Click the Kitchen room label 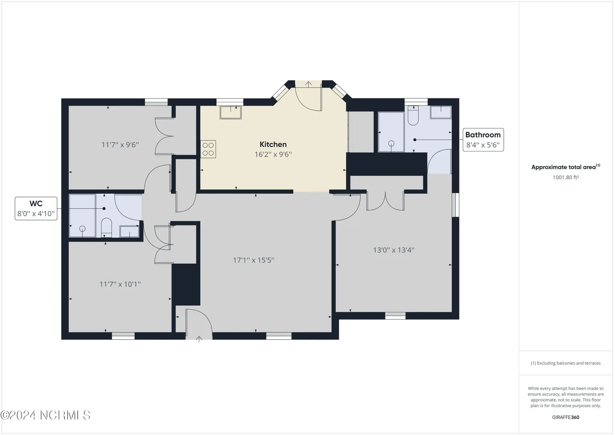tap(273, 144)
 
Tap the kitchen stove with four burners tap(208, 149)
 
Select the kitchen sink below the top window tap(231, 112)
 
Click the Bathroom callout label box tap(483, 140)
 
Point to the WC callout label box tap(36, 209)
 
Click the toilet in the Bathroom tap(413, 116)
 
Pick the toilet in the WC tap(106, 228)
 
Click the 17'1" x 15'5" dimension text tap(253, 260)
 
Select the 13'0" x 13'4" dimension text tap(393, 250)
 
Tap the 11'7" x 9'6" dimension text tap(120, 145)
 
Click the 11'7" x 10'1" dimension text tap(120, 284)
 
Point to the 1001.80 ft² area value tap(565, 177)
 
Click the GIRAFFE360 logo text tap(565, 417)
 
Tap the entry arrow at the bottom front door tap(199, 339)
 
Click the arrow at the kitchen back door tap(309, 84)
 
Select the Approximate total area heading tap(565, 167)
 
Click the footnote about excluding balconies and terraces tap(565, 363)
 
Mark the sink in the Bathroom tap(441, 112)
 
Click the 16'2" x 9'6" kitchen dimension tap(273, 154)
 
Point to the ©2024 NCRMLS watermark tap(46, 415)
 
